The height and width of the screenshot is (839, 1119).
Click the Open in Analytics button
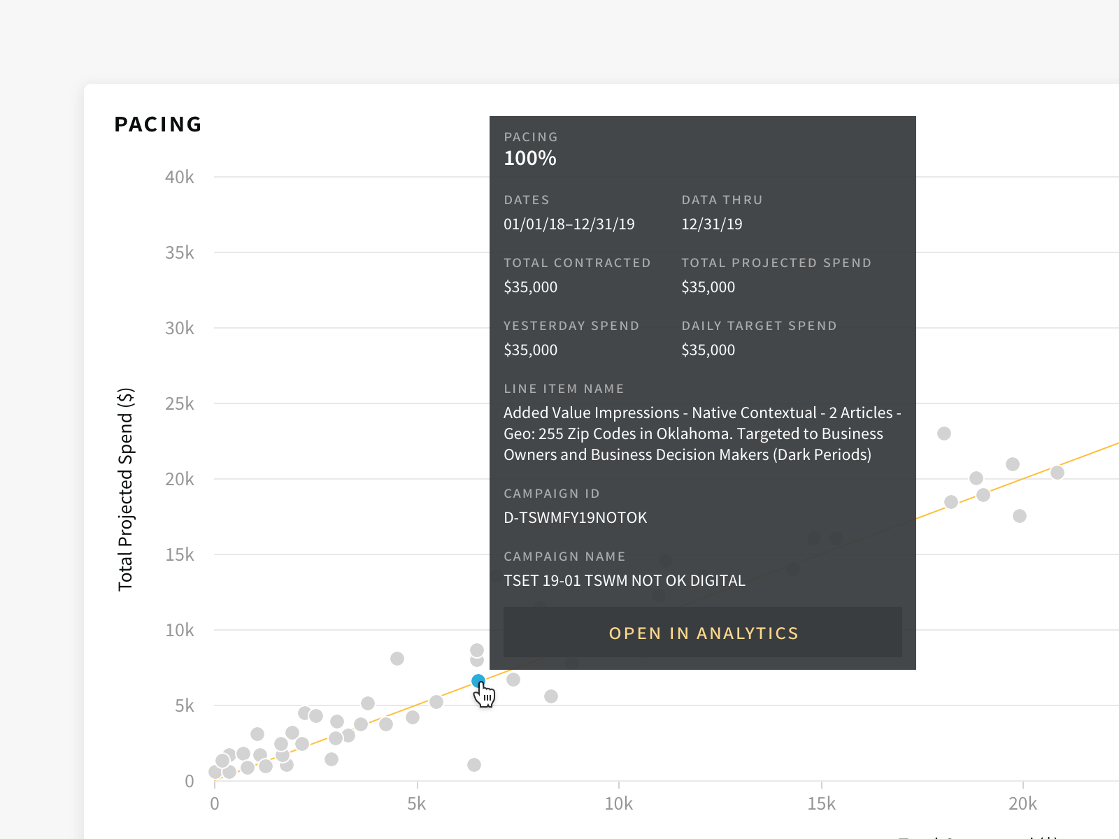click(703, 633)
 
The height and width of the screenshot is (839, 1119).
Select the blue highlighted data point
click(478, 681)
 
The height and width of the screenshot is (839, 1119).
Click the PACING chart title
click(158, 124)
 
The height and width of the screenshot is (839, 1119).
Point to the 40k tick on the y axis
click(180, 178)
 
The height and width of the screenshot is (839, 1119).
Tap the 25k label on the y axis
click(180, 404)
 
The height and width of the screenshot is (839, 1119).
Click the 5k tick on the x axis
click(417, 803)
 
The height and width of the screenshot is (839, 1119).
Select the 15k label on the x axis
click(821, 803)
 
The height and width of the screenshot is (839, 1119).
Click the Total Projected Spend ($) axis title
click(126, 489)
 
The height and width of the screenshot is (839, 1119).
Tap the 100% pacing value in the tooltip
click(530, 159)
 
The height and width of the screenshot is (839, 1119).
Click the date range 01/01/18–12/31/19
click(569, 224)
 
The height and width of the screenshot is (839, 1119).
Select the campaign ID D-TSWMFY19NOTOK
click(576, 518)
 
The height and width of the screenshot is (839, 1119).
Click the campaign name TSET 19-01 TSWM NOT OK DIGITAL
click(625, 581)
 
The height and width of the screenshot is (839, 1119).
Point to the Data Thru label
click(722, 200)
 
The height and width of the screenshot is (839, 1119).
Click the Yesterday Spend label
click(571, 326)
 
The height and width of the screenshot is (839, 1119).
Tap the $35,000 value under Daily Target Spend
click(708, 350)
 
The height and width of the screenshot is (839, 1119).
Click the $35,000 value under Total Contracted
click(531, 287)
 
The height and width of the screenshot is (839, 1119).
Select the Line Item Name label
click(564, 389)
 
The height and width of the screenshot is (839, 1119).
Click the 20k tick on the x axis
click(1022, 803)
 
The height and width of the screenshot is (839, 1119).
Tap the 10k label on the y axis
click(180, 631)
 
